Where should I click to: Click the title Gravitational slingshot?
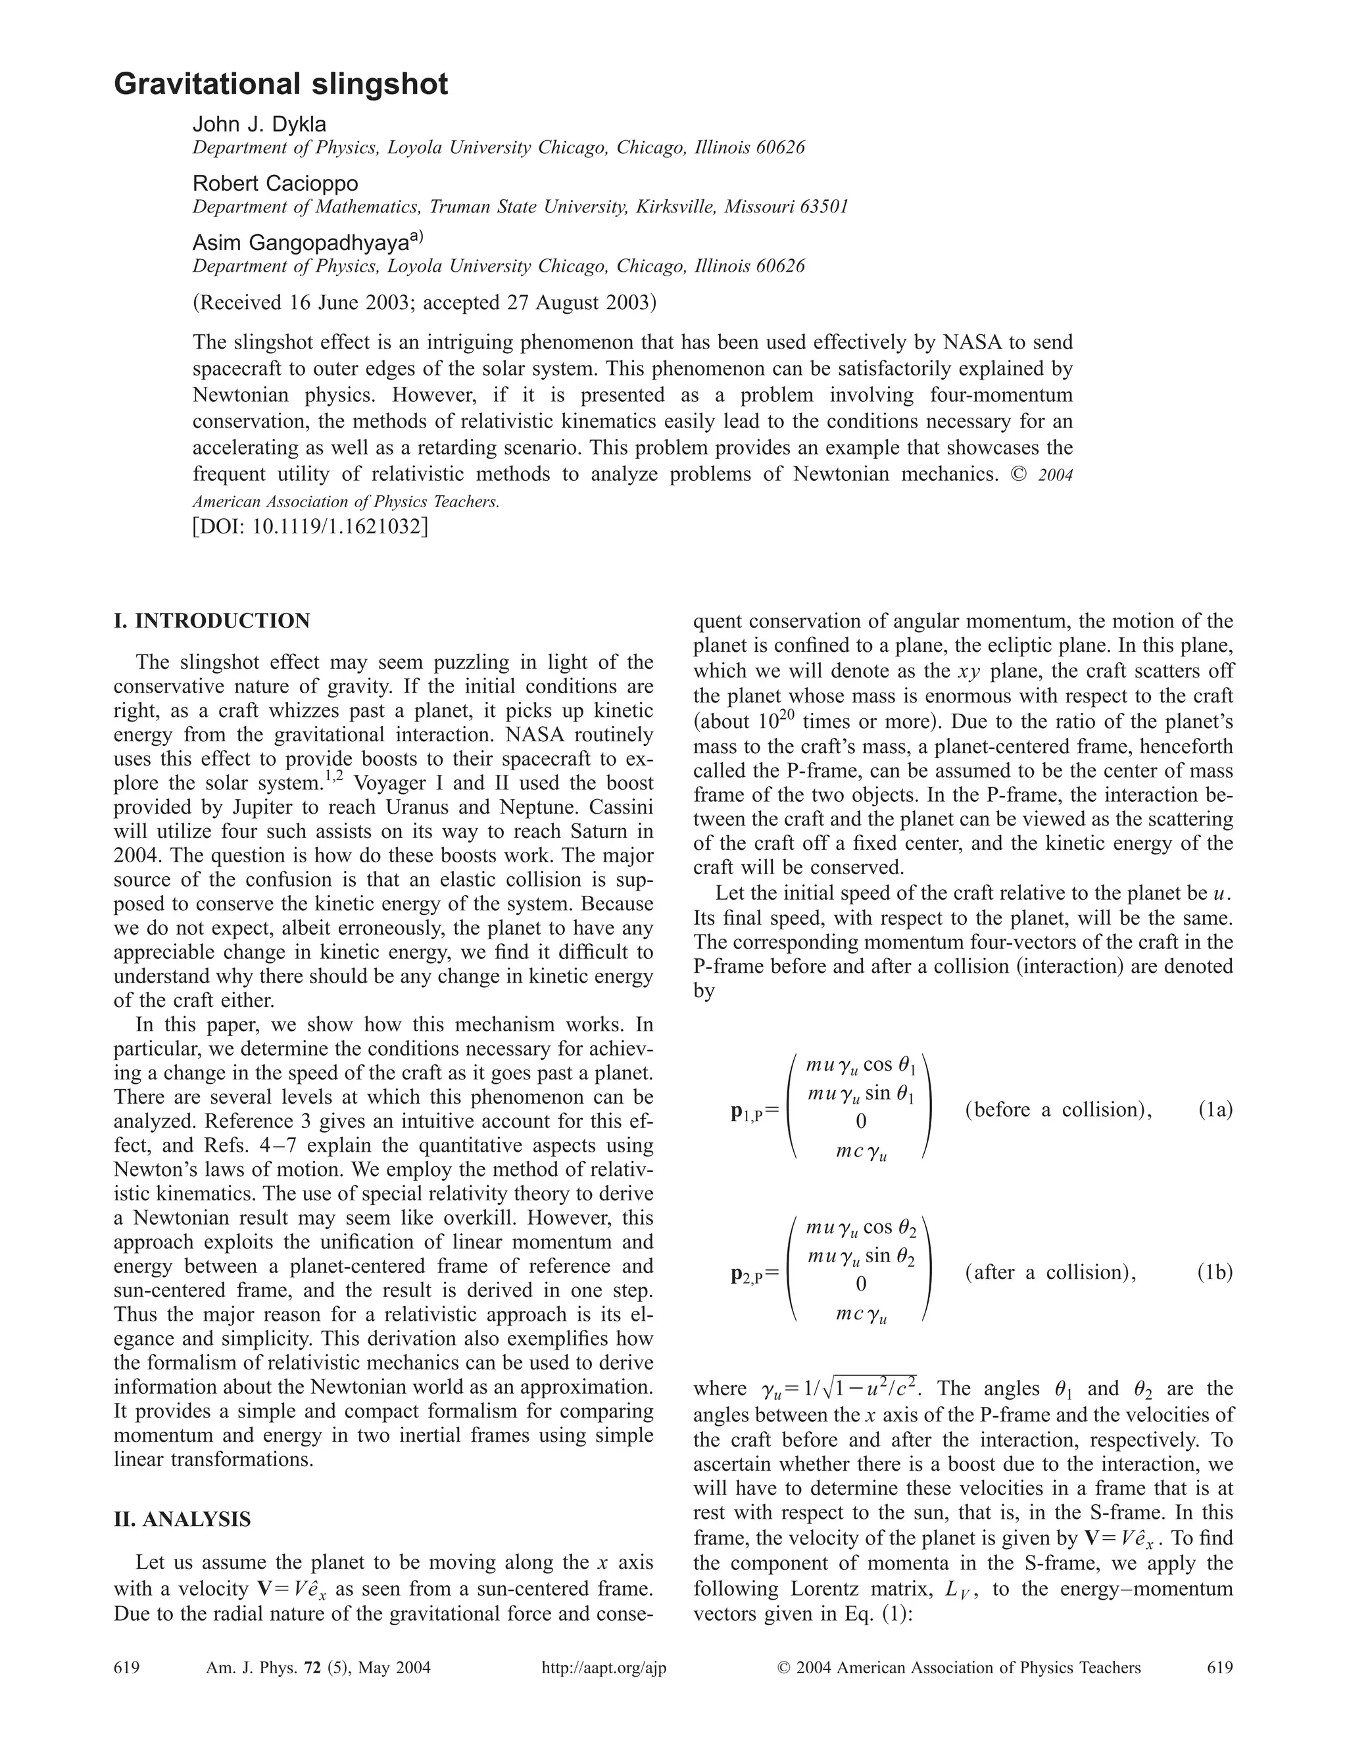pos(281,84)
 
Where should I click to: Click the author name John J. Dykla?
pos(259,124)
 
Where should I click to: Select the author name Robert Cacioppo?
pos(276,184)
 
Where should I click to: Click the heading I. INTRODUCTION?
pos(212,621)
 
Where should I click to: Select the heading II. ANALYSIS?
pos(182,1519)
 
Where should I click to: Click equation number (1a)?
pos(1215,1110)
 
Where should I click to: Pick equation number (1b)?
pos(1215,1272)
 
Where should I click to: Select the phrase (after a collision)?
pos(1050,1272)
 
